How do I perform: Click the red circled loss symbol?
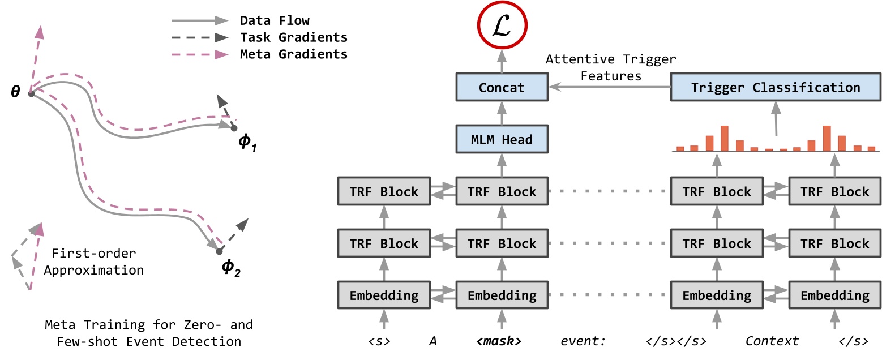click(x=502, y=25)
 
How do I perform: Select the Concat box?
click(x=502, y=87)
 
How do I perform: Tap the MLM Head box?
click(x=502, y=139)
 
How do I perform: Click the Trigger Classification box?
click(x=775, y=87)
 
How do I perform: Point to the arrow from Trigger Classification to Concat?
click(x=609, y=87)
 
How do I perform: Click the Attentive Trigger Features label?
click(x=610, y=67)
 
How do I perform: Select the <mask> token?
click(x=498, y=341)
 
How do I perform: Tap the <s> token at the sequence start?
click(x=379, y=341)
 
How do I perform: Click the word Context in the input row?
click(x=772, y=341)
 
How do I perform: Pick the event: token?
click(x=583, y=341)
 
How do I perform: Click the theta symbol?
click(x=16, y=92)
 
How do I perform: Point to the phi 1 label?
click(x=247, y=142)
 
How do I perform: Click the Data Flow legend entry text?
click(x=275, y=21)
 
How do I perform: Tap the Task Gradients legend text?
click(x=293, y=37)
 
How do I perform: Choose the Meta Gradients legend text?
click(x=293, y=54)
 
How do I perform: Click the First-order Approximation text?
click(x=94, y=262)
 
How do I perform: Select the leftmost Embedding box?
click(x=384, y=295)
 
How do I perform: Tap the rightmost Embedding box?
click(x=834, y=295)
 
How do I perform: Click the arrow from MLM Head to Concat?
click(x=502, y=113)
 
